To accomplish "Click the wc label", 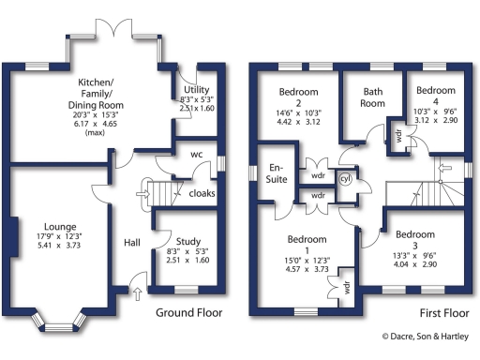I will click(197, 154).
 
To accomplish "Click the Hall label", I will click(132, 243).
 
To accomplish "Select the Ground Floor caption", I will click(188, 312).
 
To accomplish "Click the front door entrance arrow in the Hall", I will click(141, 293).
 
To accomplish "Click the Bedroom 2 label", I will click(298, 97).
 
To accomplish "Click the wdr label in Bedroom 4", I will click(398, 134).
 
